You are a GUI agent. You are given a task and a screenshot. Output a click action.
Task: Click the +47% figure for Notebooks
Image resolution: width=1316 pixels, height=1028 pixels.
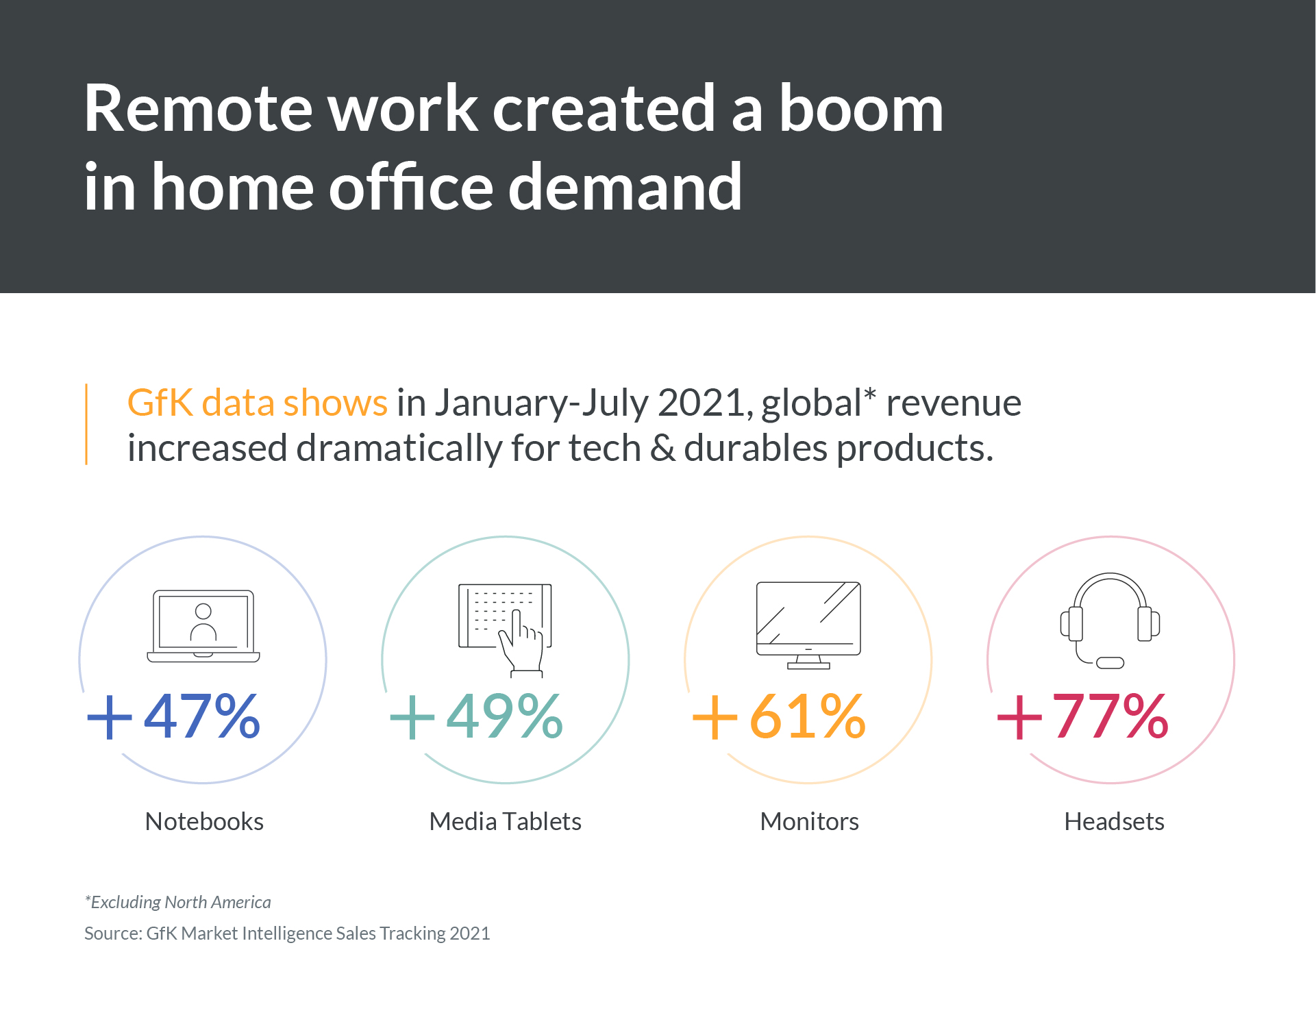(x=173, y=716)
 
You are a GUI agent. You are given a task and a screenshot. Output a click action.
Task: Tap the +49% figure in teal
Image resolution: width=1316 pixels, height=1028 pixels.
(x=476, y=716)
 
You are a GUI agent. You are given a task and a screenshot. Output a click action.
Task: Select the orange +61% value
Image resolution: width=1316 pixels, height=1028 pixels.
(x=779, y=716)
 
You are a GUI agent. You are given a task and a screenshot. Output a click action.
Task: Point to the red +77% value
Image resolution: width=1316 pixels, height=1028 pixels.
(x=1082, y=716)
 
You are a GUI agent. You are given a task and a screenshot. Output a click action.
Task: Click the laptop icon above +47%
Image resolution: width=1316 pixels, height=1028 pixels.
(x=203, y=626)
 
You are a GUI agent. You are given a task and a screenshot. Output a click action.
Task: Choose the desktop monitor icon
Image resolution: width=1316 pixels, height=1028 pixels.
(x=808, y=625)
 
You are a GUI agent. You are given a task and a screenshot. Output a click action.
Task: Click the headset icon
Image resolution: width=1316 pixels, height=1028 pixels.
(x=1110, y=620)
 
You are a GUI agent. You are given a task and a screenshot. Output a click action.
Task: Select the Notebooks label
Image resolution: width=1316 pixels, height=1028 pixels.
(x=204, y=821)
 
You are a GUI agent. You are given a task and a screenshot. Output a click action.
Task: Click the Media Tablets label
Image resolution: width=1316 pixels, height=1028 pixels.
(x=505, y=821)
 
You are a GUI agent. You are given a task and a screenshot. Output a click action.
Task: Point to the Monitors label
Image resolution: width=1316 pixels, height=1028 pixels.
(x=809, y=821)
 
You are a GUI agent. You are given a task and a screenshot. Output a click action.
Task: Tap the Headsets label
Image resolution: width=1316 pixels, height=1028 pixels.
(x=1114, y=821)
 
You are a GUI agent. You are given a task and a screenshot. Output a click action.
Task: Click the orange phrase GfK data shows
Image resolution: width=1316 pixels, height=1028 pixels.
(x=258, y=403)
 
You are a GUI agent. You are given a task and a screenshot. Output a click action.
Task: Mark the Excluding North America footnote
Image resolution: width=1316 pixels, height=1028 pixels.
(x=177, y=902)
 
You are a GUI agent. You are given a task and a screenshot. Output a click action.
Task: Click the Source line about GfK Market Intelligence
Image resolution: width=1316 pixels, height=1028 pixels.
(x=287, y=933)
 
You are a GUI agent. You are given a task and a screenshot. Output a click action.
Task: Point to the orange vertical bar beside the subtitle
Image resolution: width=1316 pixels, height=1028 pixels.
(x=86, y=424)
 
